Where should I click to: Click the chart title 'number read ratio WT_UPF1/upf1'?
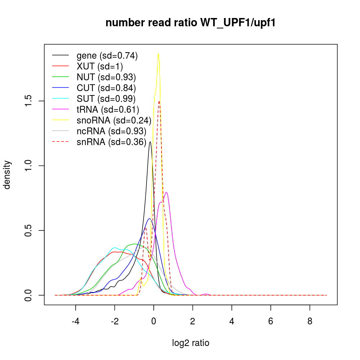tap(191, 23)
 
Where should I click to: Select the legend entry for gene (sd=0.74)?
tap(107, 55)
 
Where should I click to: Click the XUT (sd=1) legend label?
tap(100, 66)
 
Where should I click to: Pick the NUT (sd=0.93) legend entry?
tap(106, 77)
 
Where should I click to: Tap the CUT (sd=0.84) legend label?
tap(106, 88)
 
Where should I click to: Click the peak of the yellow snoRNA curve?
tap(158, 54)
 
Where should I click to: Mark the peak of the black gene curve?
tap(150, 142)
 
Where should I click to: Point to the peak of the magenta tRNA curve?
tap(166, 192)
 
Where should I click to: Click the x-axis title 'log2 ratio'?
tap(191, 343)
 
